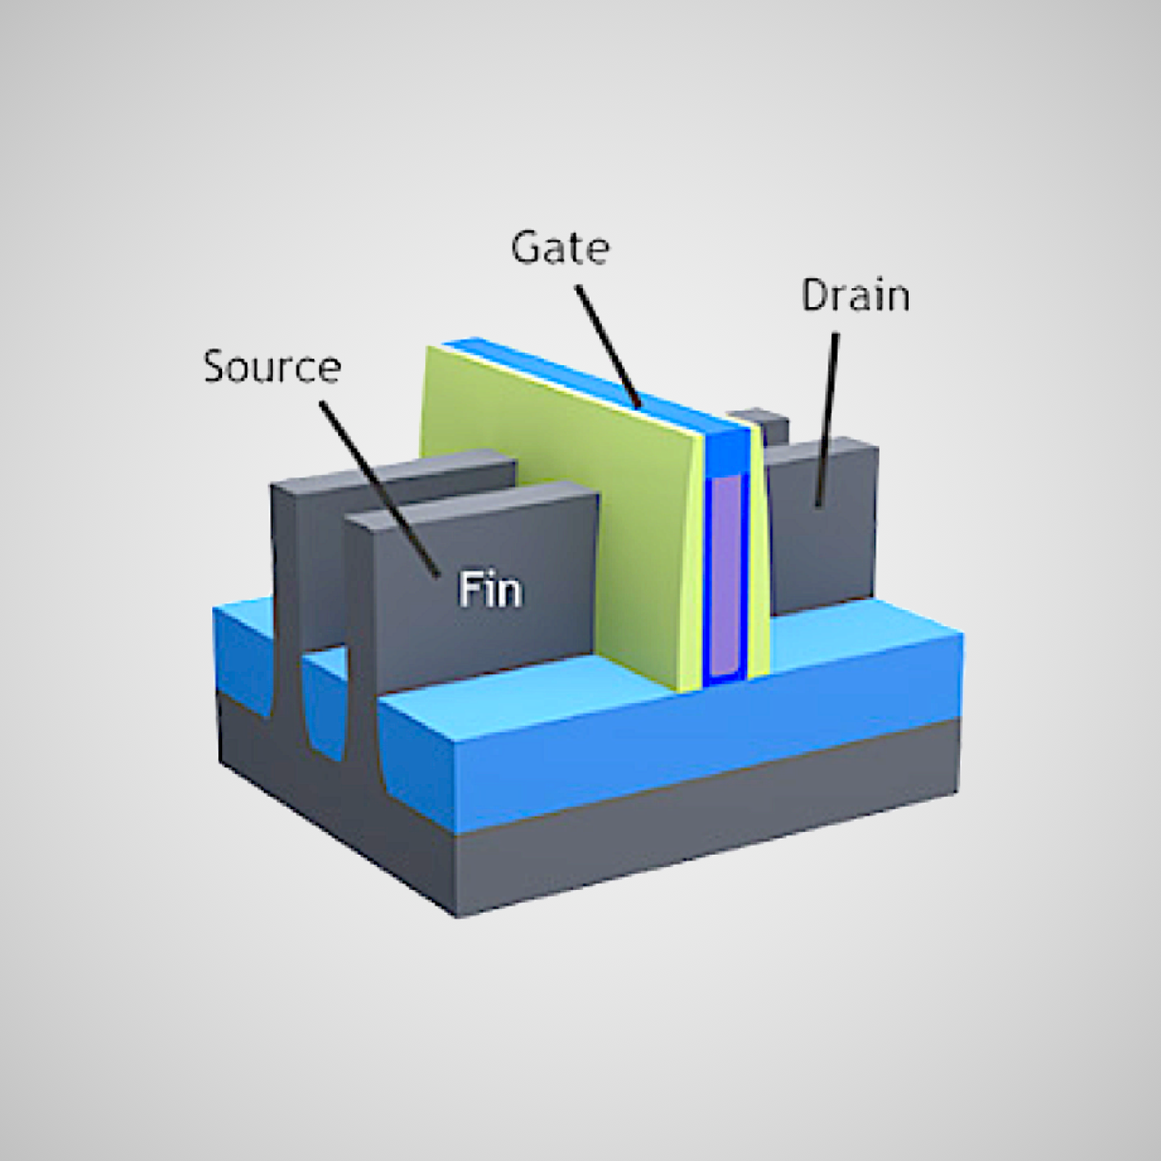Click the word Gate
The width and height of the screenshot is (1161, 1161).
[560, 247]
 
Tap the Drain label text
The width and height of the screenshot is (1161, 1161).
[855, 296]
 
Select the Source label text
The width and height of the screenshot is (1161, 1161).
[272, 367]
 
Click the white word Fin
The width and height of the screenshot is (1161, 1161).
[490, 589]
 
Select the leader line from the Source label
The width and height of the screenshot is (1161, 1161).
[376, 482]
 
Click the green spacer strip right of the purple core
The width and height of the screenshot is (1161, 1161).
[758, 572]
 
